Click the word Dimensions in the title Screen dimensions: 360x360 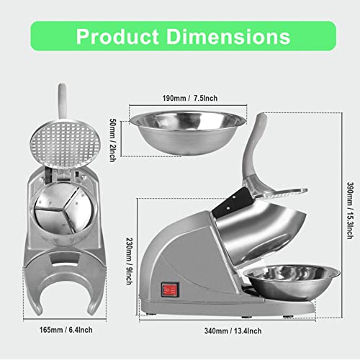231,36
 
